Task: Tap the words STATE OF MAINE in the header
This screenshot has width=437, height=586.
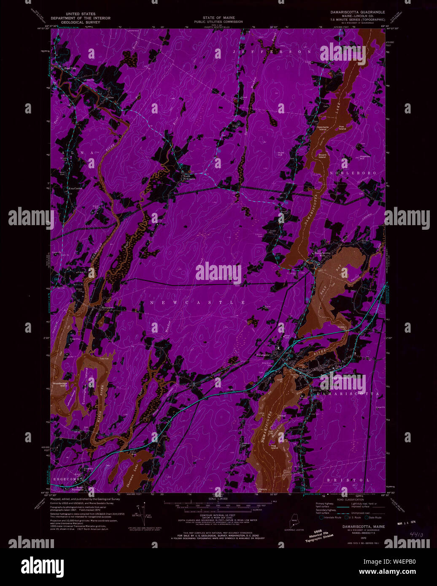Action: click(x=218, y=18)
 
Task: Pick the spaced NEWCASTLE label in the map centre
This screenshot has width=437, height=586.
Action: click(x=197, y=303)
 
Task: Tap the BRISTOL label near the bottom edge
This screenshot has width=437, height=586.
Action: click(x=348, y=480)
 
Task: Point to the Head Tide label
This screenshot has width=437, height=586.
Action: click(x=70, y=68)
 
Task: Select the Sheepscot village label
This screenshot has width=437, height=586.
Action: click(x=107, y=308)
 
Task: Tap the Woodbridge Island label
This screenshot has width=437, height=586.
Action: click(x=60, y=384)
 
